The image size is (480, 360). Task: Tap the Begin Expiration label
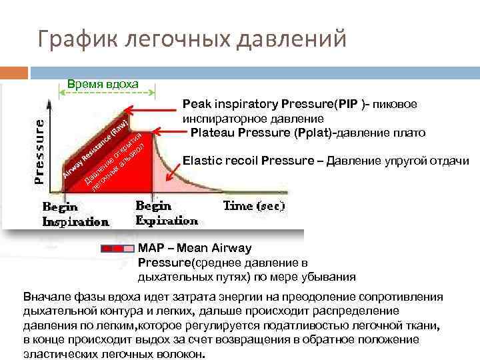point(167,213)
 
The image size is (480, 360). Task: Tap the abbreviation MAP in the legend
point(152,248)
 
